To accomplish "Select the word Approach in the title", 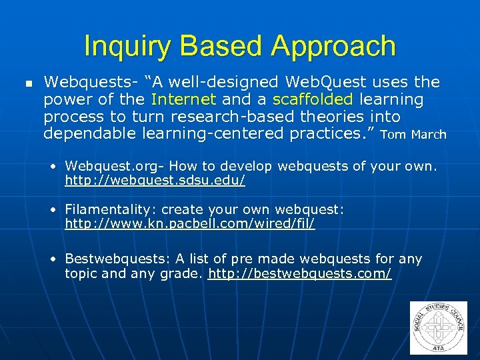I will pyautogui.click(x=333, y=47).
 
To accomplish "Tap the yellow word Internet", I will pyautogui.click(x=184, y=99).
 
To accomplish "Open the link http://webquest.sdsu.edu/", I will pyautogui.click(x=155, y=180).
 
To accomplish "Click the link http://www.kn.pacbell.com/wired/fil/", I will pyautogui.click(x=190, y=224).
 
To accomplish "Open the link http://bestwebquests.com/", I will pyautogui.click(x=300, y=273).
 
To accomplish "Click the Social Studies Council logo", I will pyautogui.click(x=439, y=327).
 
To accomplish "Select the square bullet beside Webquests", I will pyautogui.click(x=28, y=84).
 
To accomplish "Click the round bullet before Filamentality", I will pyautogui.click(x=53, y=210).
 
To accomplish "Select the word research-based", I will pyautogui.click(x=225, y=117).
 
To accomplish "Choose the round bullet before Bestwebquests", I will pyautogui.click(x=53, y=259).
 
